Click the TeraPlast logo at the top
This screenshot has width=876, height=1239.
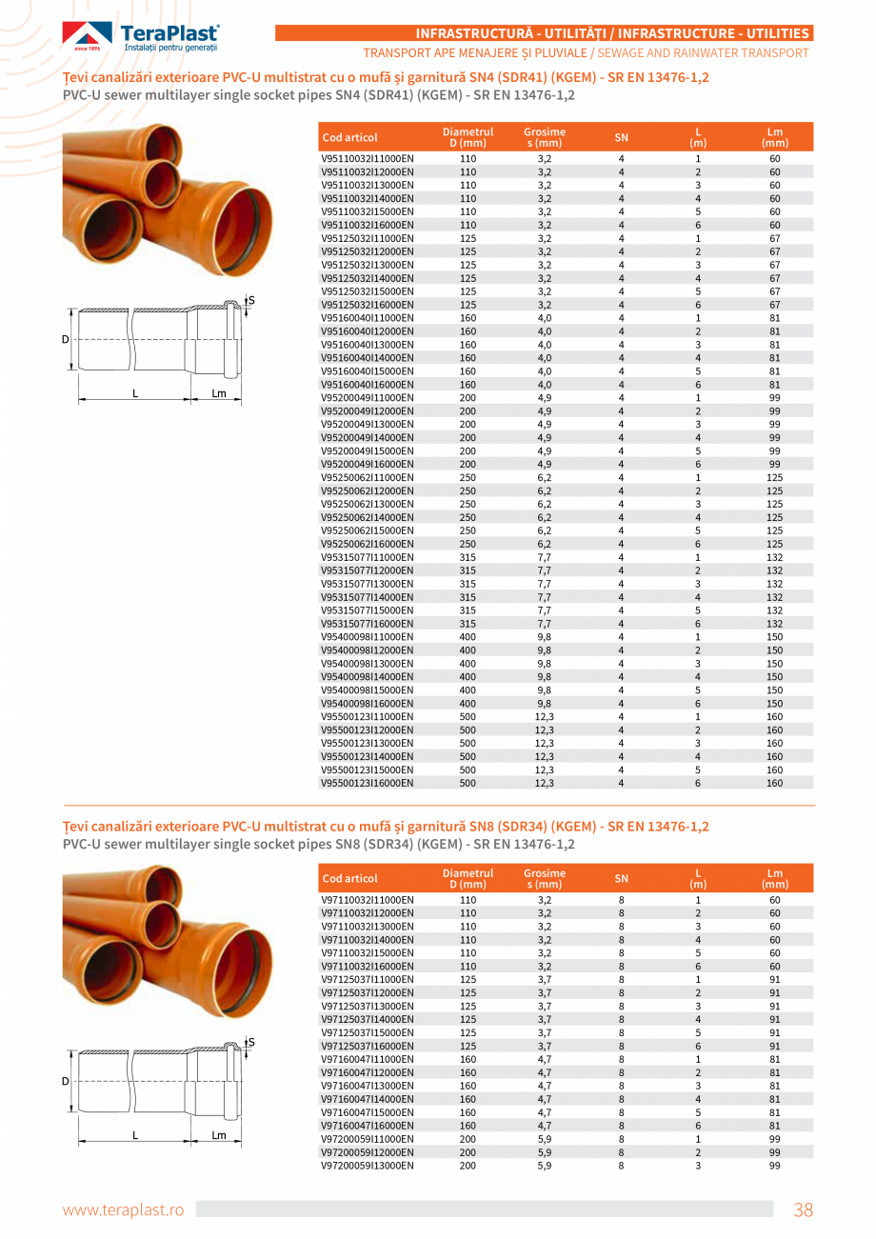click(141, 37)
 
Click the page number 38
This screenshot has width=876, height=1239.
click(804, 1210)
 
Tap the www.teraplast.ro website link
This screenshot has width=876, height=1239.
click(123, 1210)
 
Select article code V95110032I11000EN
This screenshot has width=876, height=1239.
click(367, 158)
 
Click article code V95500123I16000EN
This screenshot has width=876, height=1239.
click(367, 783)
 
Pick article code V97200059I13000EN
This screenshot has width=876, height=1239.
click(367, 1166)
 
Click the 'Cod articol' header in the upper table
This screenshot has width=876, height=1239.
click(350, 137)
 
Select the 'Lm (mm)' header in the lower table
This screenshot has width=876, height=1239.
click(774, 878)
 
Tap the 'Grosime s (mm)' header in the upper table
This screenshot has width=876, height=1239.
click(545, 137)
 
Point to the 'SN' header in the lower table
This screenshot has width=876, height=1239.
click(622, 878)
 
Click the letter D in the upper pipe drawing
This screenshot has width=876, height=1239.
click(66, 339)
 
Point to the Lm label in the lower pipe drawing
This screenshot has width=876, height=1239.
click(218, 1134)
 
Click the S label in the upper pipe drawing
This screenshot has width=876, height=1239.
click(251, 301)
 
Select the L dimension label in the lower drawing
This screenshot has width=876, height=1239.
click(135, 1134)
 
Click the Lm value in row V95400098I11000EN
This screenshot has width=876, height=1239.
click(774, 636)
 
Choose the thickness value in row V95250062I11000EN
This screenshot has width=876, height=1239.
click(545, 477)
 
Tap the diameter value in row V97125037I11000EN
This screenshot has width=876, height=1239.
click(468, 979)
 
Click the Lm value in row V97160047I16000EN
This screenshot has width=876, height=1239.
click(774, 1126)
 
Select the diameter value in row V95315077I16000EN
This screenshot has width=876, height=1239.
click(468, 623)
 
